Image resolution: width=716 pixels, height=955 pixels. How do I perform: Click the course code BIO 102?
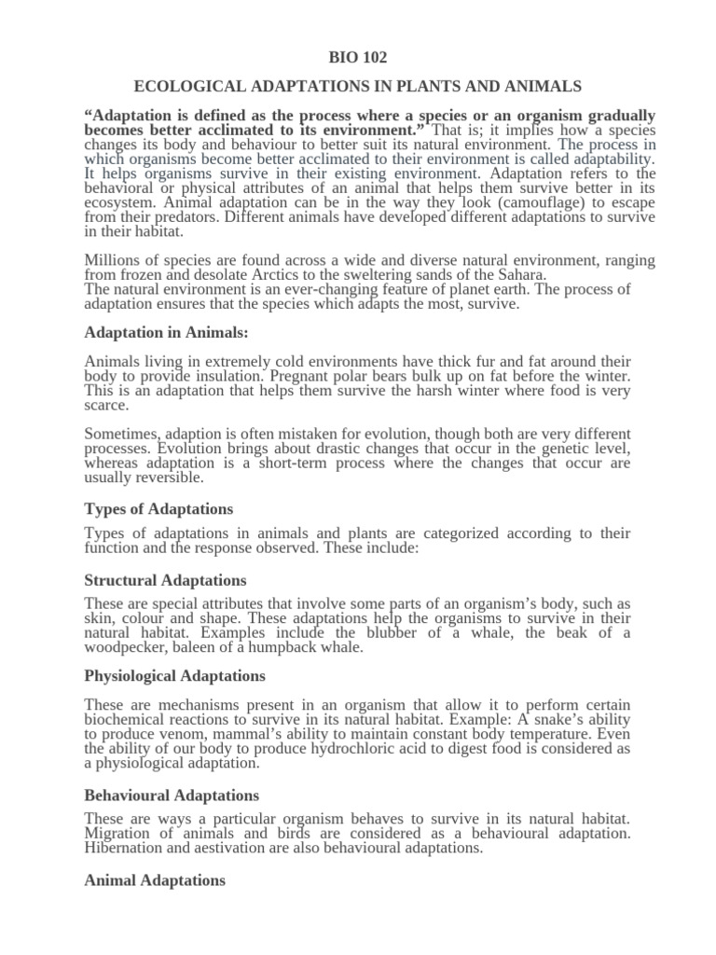pos(358,58)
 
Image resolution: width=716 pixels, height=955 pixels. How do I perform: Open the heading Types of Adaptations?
pos(158,509)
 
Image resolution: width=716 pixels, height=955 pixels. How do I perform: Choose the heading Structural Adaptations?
pos(165,581)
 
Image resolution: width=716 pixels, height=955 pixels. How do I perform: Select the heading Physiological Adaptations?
pos(174,676)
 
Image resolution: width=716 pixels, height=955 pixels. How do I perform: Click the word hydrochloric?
pos(354,749)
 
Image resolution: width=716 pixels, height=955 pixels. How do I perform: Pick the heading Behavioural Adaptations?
pos(172,796)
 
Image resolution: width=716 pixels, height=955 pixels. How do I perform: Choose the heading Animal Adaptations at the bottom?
pos(155,880)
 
